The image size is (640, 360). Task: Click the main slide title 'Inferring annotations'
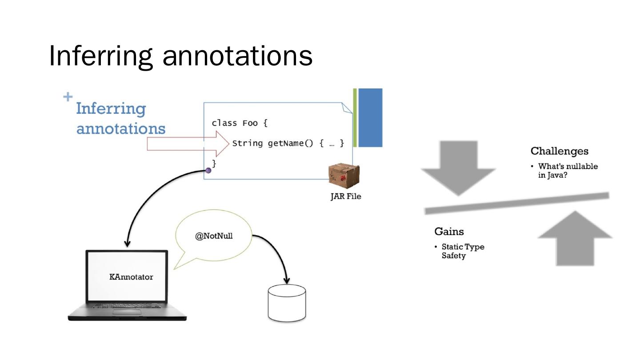tap(181, 56)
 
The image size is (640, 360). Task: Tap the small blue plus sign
tap(68, 96)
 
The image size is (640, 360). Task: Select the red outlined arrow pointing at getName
tap(188, 144)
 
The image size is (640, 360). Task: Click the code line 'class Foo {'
tap(240, 123)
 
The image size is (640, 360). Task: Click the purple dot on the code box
tap(208, 171)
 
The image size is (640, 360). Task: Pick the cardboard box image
tap(344, 176)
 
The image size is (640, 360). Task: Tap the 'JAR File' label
tap(346, 196)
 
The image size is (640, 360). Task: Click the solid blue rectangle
tap(370, 118)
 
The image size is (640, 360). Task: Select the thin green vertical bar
tap(355, 118)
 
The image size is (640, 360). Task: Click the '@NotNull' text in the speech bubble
tap(214, 236)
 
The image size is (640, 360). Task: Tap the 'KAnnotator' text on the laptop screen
tap(131, 277)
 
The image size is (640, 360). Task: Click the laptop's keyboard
tap(127, 306)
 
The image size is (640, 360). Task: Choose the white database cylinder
tap(287, 303)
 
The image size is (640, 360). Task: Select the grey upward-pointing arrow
tap(575, 238)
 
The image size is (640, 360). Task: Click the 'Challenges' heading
tap(560, 151)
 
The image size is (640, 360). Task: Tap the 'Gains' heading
tap(449, 232)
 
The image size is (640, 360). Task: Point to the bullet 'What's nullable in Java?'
tap(568, 171)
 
